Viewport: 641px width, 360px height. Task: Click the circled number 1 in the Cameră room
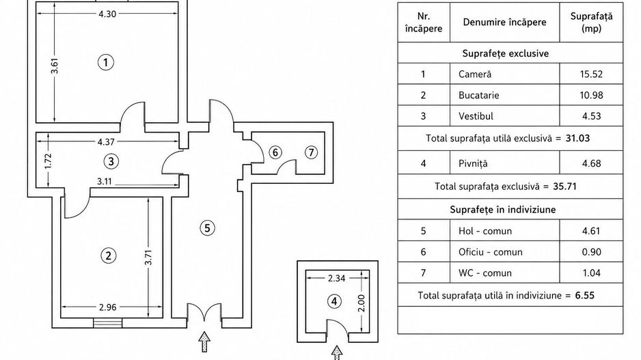pyautogui.click(x=106, y=63)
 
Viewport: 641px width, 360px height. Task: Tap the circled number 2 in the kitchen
pyautogui.click(x=109, y=255)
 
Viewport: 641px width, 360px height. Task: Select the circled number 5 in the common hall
pyautogui.click(x=207, y=227)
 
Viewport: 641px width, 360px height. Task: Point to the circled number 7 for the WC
pyautogui.click(x=311, y=152)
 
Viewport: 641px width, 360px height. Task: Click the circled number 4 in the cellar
pyautogui.click(x=335, y=302)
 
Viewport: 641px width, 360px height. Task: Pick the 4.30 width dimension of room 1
pyautogui.click(x=107, y=14)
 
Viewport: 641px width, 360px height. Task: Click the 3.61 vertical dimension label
pyautogui.click(x=55, y=66)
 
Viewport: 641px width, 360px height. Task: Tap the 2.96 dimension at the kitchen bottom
pyautogui.click(x=107, y=307)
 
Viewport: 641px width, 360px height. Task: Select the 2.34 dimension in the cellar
pyautogui.click(x=336, y=278)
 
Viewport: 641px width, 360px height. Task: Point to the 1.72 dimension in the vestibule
pyautogui.click(x=49, y=161)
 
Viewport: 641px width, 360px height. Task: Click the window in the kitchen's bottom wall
pyautogui.click(x=108, y=323)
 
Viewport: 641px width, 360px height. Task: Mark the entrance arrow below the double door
pyautogui.click(x=204, y=342)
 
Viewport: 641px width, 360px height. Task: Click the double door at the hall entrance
pyautogui.click(x=204, y=315)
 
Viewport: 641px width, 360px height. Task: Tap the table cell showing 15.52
pyautogui.click(x=591, y=74)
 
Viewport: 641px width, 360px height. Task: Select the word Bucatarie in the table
pyautogui.click(x=479, y=95)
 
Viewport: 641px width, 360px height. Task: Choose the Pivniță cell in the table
pyautogui.click(x=505, y=163)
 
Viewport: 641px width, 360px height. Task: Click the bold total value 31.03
pyautogui.click(x=577, y=138)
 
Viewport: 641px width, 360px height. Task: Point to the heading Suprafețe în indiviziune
pyautogui.click(x=503, y=210)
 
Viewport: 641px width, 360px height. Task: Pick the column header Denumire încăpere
pyautogui.click(x=504, y=22)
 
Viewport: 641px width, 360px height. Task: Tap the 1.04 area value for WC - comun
pyautogui.click(x=591, y=273)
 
